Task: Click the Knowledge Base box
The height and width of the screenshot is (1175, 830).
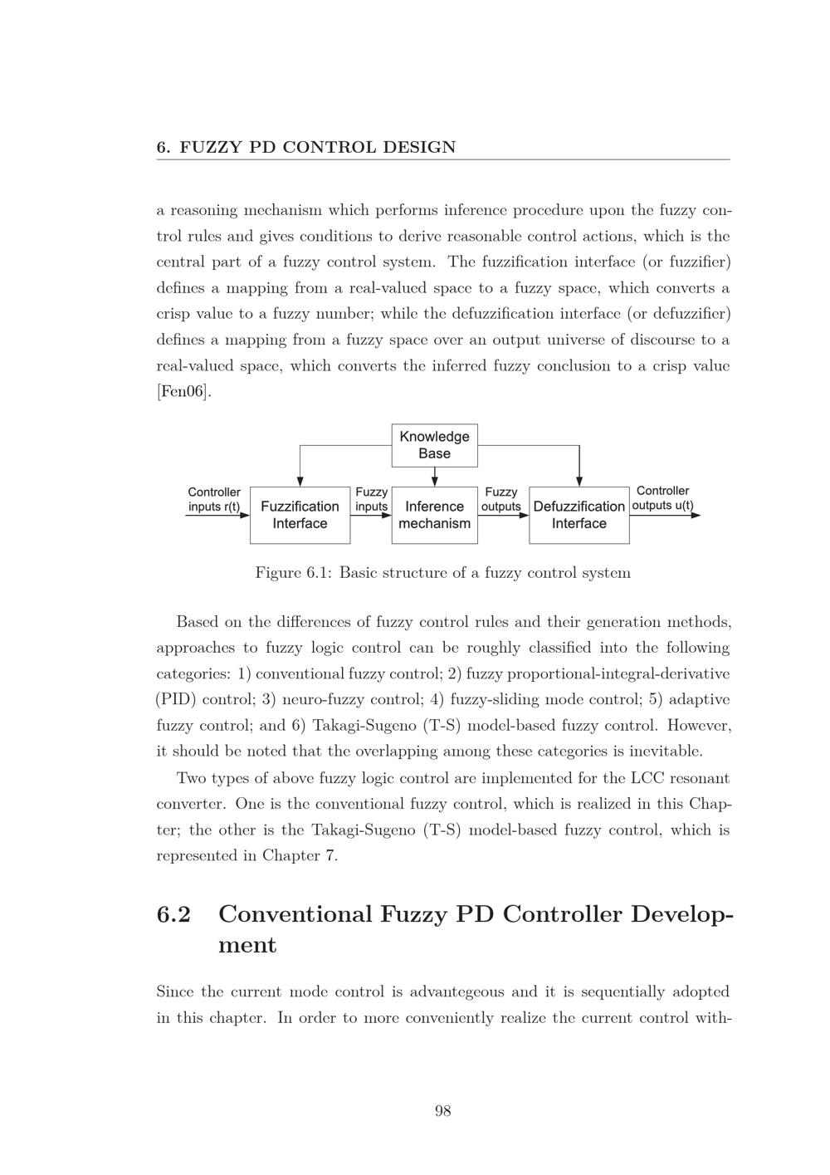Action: [434, 445]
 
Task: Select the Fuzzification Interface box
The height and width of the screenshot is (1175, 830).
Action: [300, 515]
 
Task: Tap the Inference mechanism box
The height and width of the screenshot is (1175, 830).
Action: [434, 515]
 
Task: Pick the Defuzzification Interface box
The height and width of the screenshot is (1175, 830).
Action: [579, 515]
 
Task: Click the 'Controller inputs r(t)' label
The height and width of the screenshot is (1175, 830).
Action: [214, 499]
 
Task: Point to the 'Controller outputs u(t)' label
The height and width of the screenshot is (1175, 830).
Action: [662, 498]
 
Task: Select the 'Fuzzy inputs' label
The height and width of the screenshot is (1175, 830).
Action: [371, 499]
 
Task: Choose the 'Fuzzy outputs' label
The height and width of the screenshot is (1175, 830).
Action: [501, 499]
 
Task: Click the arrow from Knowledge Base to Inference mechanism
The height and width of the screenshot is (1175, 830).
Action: [435, 477]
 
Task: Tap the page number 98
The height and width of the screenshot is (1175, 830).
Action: [442, 1111]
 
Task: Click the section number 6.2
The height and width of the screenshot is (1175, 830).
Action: [173, 914]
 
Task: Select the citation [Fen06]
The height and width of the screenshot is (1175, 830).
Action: [183, 392]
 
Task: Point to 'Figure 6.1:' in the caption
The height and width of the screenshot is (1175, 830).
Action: [293, 573]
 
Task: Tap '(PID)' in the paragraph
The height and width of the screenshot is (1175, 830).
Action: [176, 699]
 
